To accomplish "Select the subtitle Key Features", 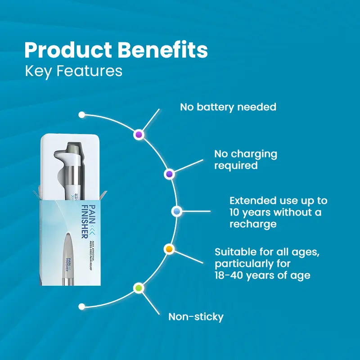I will tap(73, 72).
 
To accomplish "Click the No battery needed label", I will tap(228, 107).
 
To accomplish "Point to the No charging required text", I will tap(246, 159).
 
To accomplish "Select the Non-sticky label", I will tap(196, 317).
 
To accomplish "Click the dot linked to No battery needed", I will tap(139, 135).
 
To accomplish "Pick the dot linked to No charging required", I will tap(169, 174).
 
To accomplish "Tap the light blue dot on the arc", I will tap(176, 211).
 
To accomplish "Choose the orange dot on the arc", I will tap(169, 249).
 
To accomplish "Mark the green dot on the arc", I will tap(139, 288).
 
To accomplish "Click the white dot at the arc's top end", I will tap(81, 115).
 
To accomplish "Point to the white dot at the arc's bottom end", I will tap(81, 306).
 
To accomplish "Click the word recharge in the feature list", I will tap(252, 224).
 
